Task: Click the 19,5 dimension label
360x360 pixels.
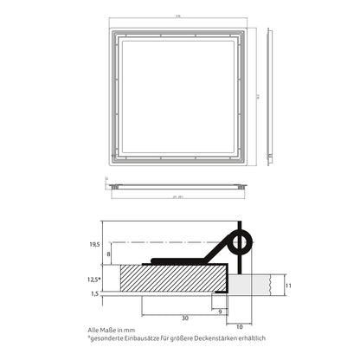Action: click(94, 245)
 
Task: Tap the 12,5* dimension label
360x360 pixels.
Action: click(95, 279)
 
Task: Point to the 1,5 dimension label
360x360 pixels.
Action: click(95, 294)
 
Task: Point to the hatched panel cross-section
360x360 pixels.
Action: click(173, 279)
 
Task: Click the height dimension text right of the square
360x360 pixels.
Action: click(254, 96)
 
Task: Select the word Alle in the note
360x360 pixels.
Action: click(94, 330)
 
